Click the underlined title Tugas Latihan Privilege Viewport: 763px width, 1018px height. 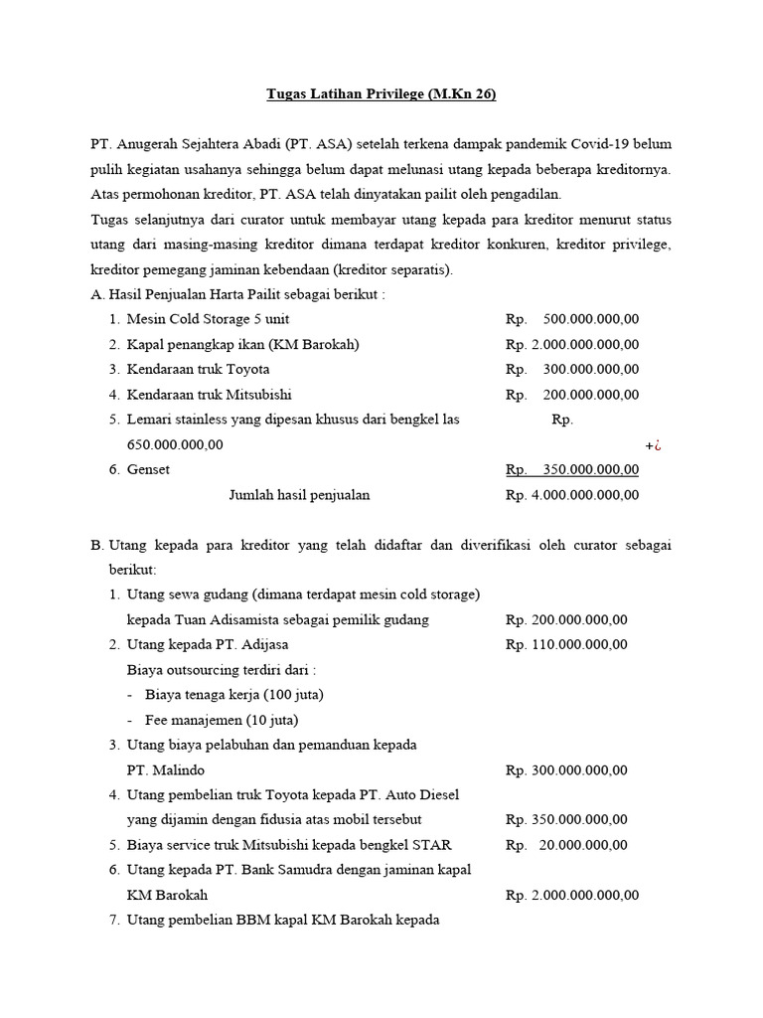pos(381,94)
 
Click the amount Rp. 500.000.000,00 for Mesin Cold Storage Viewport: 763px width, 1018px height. pos(572,319)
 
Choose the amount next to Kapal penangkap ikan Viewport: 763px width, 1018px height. pos(572,344)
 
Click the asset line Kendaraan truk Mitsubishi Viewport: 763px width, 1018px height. pos(209,394)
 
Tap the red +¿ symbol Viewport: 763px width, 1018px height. pos(653,445)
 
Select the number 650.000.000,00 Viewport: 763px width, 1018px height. pos(175,444)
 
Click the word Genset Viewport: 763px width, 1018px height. pos(148,469)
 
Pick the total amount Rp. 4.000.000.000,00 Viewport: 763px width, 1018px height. pos(572,494)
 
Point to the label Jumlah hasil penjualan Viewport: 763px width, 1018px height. pos(299,494)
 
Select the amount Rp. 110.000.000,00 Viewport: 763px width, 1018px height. pos(566,644)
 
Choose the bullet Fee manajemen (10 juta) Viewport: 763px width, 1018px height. pos(221,720)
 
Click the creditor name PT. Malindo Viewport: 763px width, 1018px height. pos(166,769)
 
